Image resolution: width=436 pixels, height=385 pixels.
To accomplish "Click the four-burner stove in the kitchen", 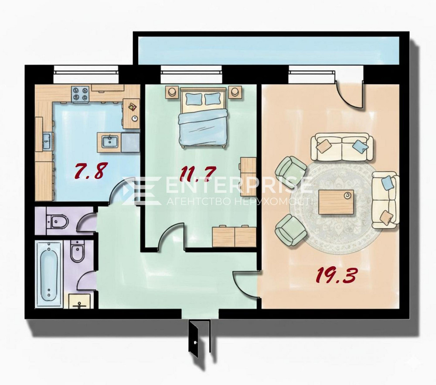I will click(x=81, y=93).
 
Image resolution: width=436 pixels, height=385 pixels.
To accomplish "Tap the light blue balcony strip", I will click(x=268, y=49).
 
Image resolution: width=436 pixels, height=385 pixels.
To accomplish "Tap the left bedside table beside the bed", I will click(x=172, y=92).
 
